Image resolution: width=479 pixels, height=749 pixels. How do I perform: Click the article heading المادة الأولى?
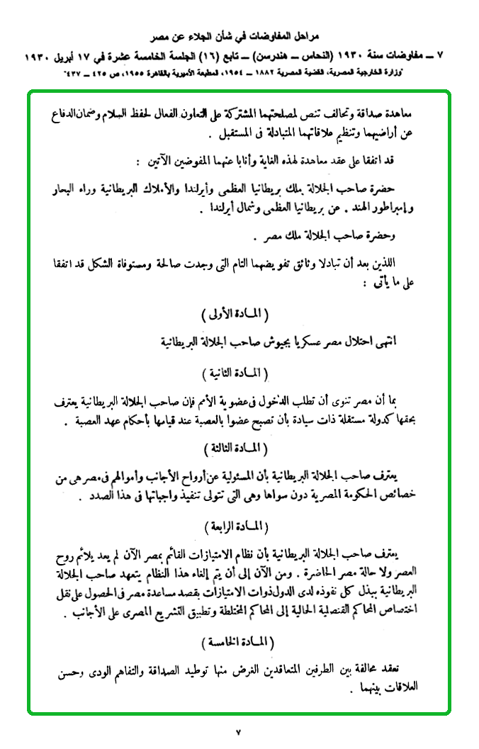[237, 312]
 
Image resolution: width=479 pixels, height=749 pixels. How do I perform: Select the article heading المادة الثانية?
[237, 371]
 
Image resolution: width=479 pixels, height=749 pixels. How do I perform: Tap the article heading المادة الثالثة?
[237, 447]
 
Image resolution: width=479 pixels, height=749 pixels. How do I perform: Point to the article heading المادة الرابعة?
[237, 526]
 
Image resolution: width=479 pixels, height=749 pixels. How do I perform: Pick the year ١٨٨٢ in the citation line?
[278, 74]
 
